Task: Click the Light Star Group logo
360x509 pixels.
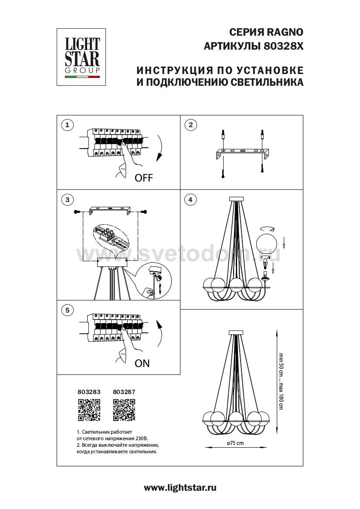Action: tap(82, 57)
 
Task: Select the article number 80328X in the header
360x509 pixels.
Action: tap(284, 46)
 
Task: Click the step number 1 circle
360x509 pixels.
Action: tap(67, 125)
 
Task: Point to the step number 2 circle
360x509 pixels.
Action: tap(190, 125)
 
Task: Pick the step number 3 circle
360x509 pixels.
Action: tap(67, 200)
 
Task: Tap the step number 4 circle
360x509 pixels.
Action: tap(190, 200)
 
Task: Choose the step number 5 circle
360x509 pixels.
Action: tap(67, 310)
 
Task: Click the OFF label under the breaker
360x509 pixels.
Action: tap(144, 178)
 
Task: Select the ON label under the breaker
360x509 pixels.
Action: tap(142, 364)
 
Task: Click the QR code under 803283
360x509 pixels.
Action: tap(89, 411)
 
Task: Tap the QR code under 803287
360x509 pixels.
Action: tap(124, 411)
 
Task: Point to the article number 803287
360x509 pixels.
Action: tap(124, 392)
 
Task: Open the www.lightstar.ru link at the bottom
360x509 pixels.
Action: tap(180, 488)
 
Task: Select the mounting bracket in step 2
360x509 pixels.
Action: tap(242, 154)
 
